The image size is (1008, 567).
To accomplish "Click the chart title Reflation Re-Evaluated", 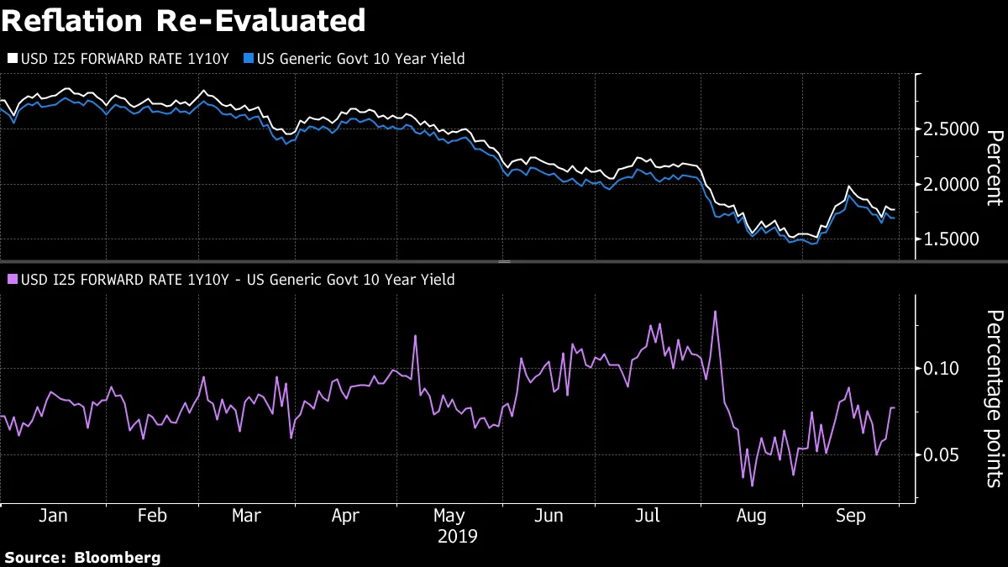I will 183,19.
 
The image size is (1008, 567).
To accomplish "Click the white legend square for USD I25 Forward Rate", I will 12,59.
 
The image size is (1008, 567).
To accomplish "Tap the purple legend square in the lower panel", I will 12,280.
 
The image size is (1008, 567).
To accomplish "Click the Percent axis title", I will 993,168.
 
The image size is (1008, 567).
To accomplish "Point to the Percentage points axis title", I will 993,398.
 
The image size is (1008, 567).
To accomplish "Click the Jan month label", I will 53,515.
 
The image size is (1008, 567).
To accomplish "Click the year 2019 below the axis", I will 457,536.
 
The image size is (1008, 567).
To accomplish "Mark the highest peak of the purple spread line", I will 715,312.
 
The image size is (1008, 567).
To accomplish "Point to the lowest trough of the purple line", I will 752,486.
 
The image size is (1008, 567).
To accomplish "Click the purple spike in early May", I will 415,336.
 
